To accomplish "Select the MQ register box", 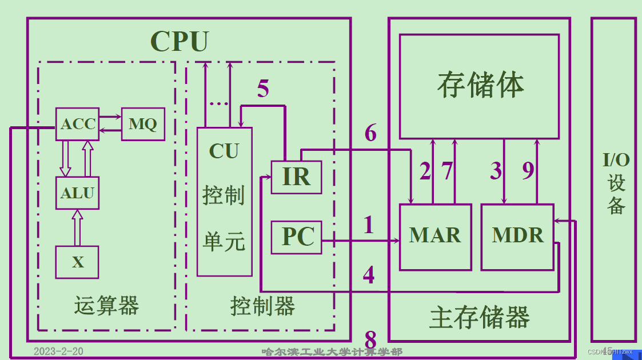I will [x=143, y=124].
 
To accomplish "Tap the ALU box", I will [x=77, y=193].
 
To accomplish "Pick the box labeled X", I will [x=77, y=262].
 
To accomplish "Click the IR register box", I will [x=296, y=177].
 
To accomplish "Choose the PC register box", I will [x=296, y=237].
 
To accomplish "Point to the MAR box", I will [x=436, y=236].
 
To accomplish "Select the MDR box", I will [x=517, y=236].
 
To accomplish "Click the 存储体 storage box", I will [x=479, y=86].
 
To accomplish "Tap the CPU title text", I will [x=179, y=41].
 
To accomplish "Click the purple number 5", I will [x=263, y=89].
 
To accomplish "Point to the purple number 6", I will [x=370, y=133].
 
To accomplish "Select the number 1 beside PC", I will [x=369, y=225].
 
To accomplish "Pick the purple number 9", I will [x=528, y=171].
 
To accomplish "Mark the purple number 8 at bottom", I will [x=370, y=341].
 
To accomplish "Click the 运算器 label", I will [x=106, y=306].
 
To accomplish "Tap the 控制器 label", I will [x=262, y=306].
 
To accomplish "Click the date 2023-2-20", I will [x=58, y=351].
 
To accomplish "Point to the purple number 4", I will [x=369, y=275].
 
